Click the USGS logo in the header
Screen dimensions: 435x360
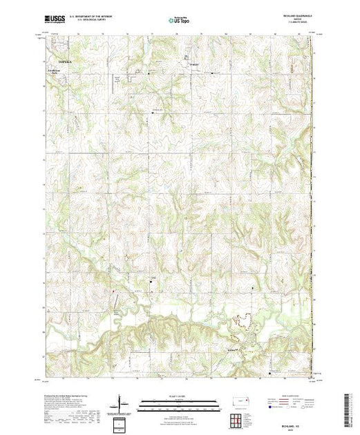tap(55, 21)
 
